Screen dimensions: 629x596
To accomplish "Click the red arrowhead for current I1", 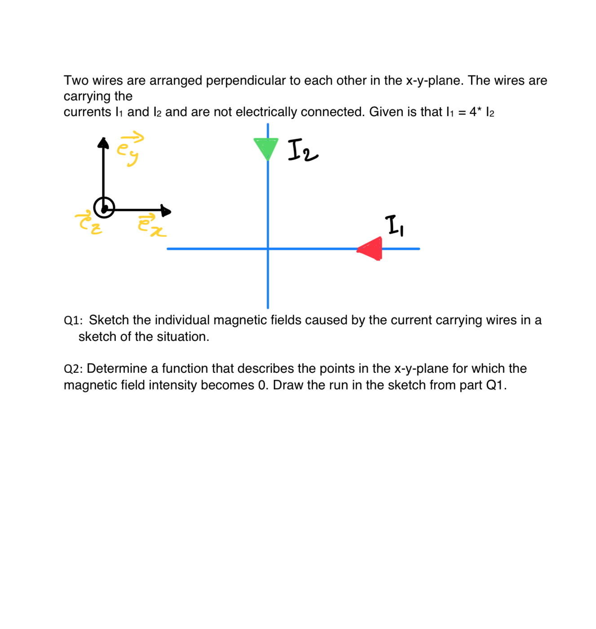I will tap(371, 249).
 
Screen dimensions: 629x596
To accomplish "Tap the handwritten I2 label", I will tap(302, 150).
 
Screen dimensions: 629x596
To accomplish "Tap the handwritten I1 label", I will tap(394, 225).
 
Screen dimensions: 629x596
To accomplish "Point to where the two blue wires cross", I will tap(268, 249).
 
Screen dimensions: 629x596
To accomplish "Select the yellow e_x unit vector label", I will tap(151, 225).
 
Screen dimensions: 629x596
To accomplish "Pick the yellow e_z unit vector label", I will tap(89, 223).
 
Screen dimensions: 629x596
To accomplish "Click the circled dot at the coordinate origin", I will tap(104, 208).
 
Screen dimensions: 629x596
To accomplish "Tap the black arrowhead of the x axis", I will tap(166, 210).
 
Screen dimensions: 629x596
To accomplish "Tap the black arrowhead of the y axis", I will tap(103, 143).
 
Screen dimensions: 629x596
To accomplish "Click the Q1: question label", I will tap(73, 320).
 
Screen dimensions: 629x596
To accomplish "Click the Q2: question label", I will tap(73, 369).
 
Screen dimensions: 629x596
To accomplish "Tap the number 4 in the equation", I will tap(473, 112).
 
